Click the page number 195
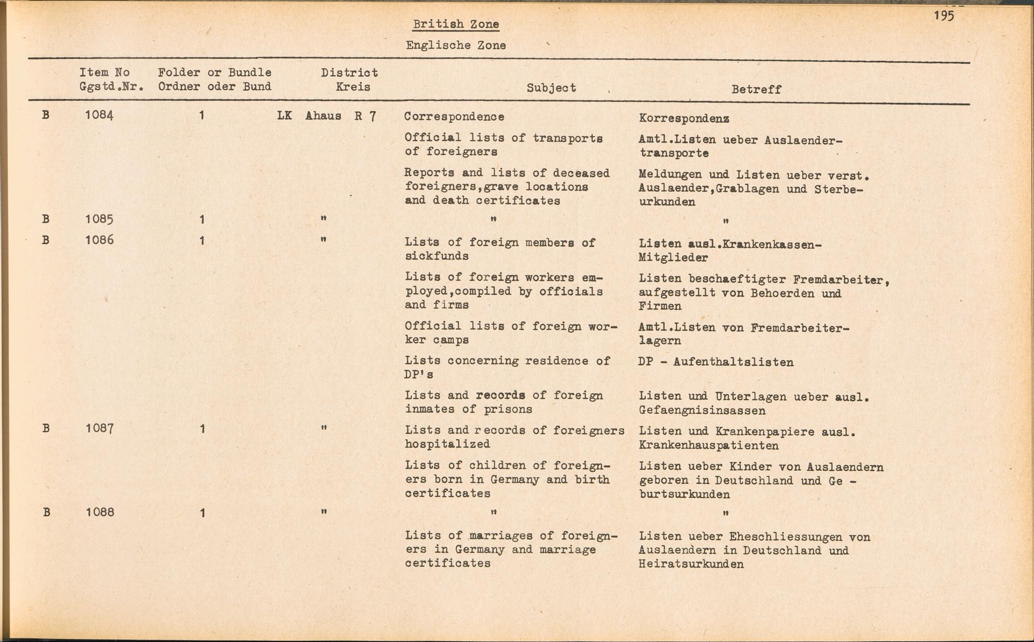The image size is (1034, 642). pos(944,16)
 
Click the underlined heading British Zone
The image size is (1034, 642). pos(455,24)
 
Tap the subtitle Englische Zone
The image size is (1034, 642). pos(455,46)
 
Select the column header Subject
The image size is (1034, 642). pos(551,88)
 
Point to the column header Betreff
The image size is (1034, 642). pos(756,89)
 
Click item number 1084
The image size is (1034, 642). pos(99,115)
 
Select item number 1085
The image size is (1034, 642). pos(99,219)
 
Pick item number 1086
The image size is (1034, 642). pos(99,240)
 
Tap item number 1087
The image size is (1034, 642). pos(99,428)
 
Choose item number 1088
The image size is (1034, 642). pos(99,512)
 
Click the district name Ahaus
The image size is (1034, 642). pos(323,116)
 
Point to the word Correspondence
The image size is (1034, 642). pos(454,117)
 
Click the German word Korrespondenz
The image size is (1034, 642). pos(684,118)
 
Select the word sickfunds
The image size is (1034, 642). pos(436,256)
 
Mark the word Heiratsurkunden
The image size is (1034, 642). pos(691,564)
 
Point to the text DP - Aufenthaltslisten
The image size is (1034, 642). pos(716,362)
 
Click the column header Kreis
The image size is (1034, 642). pos(353,87)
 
